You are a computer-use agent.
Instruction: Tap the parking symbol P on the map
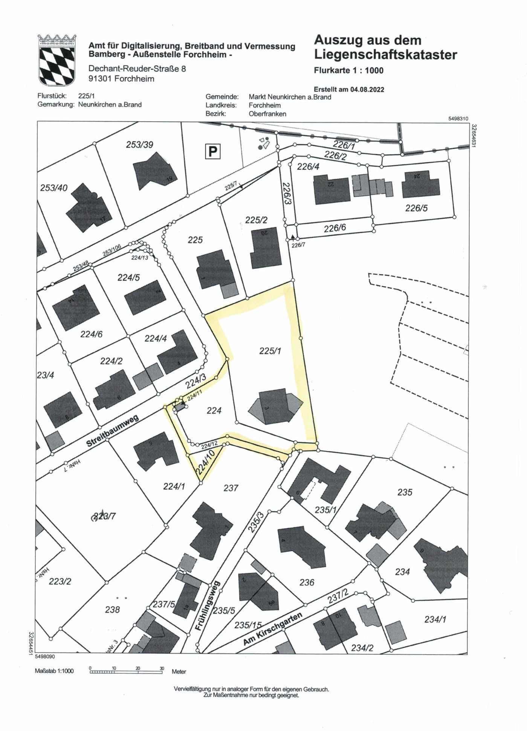click(x=212, y=151)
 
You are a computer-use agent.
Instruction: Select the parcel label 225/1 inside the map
click(x=270, y=351)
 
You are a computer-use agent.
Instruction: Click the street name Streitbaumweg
click(x=112, y=431)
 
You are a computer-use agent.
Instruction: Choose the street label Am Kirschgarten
click(x=272, y=629)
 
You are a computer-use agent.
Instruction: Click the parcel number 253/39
click(x=139, y=145)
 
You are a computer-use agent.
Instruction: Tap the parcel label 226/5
click(x=416, y=208)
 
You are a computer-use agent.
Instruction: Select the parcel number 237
click(x=231, y=488)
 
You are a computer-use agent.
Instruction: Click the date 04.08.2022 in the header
click(x=367, y=89)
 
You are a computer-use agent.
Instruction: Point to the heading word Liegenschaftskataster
click(x=385, y=55)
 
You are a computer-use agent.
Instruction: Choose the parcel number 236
click(x=307, y=583)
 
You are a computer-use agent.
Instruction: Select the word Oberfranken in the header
click(x=267, y=114)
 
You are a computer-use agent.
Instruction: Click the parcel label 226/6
click(x=335, y=228)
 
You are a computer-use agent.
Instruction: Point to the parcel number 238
click(x=112, y=609)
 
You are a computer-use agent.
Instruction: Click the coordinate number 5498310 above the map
click(x=458, y=119)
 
